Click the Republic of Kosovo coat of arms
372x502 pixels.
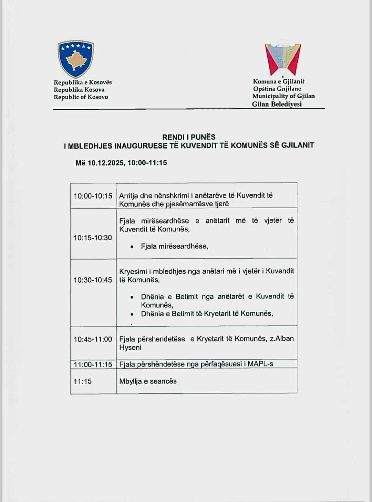click(x=76, y=59)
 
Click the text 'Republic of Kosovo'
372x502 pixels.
click(x=81, y=97)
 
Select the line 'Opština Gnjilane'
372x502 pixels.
click(x=277, y=89)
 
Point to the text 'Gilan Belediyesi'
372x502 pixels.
click(x=277, y=104)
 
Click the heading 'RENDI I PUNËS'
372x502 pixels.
click(x=189, y=137)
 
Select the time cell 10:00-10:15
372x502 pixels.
click(x=93, y=196)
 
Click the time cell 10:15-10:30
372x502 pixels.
click(x=93, y=238)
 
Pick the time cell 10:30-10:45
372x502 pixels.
click(x=93, y=280)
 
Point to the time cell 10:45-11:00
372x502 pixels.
click(x=93, y=339)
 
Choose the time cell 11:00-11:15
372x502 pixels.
click(x=93, y=364)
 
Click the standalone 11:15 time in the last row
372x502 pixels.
click(x=83, y=381)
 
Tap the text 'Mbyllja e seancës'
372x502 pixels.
click(x=148, y=381)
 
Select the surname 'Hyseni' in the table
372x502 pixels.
click(x=130, y=347)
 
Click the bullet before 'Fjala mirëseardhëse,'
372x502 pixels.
click(x=132, y=247)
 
